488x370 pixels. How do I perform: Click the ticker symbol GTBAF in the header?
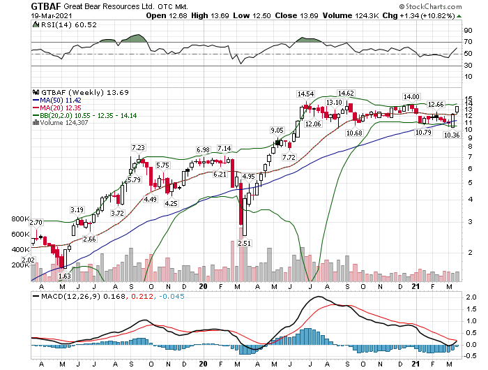(x=47, y=6)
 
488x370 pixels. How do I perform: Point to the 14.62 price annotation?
(x=346, y=93)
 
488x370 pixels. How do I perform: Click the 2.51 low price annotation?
(x=243, y=243)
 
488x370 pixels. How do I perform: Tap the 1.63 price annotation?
(x=64, y=276)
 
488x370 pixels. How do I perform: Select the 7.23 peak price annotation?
(x=139, y=147)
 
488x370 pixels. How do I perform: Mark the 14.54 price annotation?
(x=305, y=94)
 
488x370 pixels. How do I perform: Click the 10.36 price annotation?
(x=452, y=135)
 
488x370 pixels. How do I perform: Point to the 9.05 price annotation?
(x=277, y=130)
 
